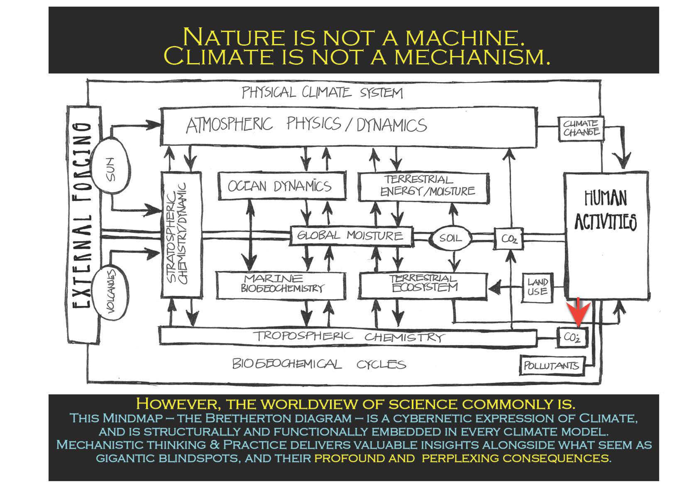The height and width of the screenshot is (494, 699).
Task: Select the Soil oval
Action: pos(450,238)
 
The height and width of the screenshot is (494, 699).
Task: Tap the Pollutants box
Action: pos(552,365)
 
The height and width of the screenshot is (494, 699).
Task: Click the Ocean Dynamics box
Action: pos(281,186)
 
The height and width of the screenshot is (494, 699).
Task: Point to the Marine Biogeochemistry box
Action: pos(281,285)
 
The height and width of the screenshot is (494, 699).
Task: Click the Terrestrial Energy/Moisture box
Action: pos(424,187)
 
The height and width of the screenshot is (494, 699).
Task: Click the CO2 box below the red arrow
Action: pos(572,337)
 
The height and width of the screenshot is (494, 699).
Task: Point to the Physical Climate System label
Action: pos(322,92)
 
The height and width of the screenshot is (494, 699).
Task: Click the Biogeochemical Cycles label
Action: pos(319,364)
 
